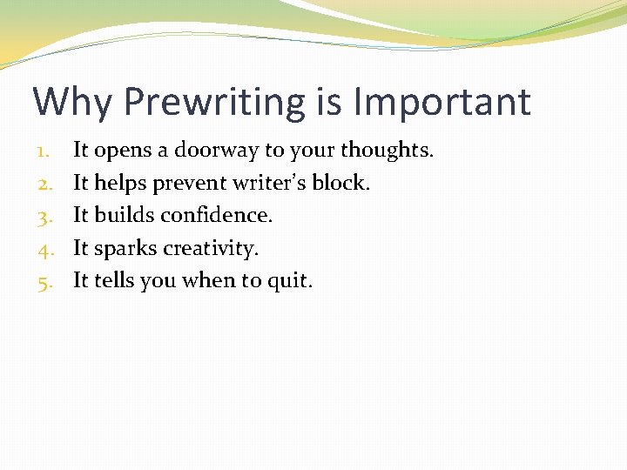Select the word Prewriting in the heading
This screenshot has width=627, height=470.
point(214,102)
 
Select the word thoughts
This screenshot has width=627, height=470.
point(387,151)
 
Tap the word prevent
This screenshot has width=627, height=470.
point(188,184)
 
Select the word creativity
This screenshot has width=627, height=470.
point(212,249)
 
